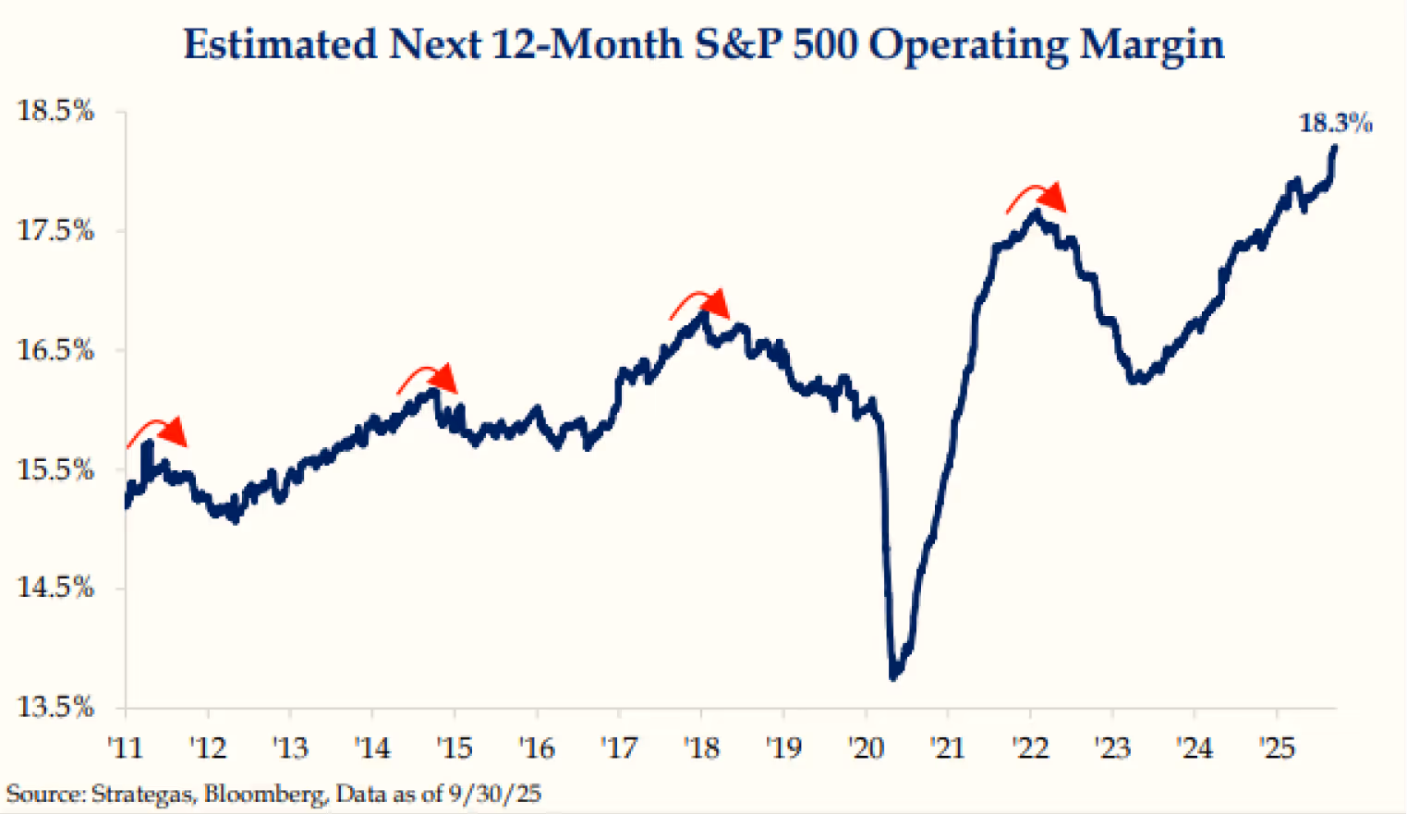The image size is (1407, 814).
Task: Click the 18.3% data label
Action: click(x=1335, y=123)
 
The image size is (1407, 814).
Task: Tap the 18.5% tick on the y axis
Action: click(x=55, y=111)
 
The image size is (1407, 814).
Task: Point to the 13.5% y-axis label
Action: click(x=55, y=707)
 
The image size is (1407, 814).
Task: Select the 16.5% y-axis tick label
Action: click(x=55, y=350)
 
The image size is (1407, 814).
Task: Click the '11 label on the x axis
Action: click(x=125, y=747)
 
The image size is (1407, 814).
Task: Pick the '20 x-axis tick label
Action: click(x=866, y=747)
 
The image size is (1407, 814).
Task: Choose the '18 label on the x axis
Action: click(x=701, y=747)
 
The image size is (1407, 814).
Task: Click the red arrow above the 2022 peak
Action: click(x=1037, y=197)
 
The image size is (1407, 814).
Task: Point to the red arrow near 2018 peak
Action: click(x=700, y=304)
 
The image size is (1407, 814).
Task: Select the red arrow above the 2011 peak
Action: click(x=157, y=431)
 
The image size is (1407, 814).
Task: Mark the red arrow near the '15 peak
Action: click(x=428, y=378)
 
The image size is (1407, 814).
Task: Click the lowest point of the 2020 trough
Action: click(x=893, y=677)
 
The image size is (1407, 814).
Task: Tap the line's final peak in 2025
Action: click(x=1334, y=147)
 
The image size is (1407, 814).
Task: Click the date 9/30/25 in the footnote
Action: click(x=494, y=794)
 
